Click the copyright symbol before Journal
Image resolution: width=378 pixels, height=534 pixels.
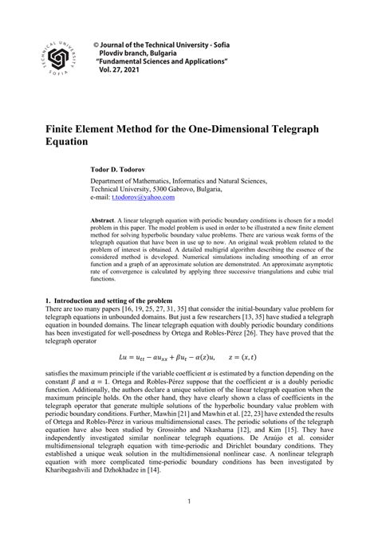(x=97, y=41)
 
